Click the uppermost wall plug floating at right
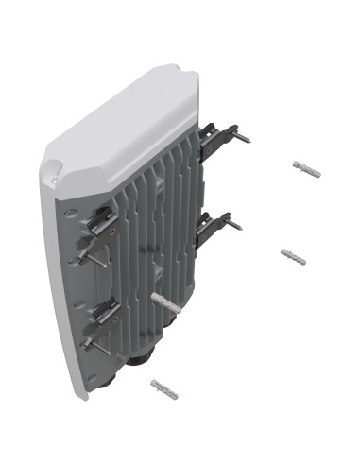(x=307, y=169)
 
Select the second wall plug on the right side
(x=294, y=255)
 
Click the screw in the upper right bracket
(x=242, y=139)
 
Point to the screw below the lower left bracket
(x=90, y=342)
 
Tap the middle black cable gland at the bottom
(x=142, y=356)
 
